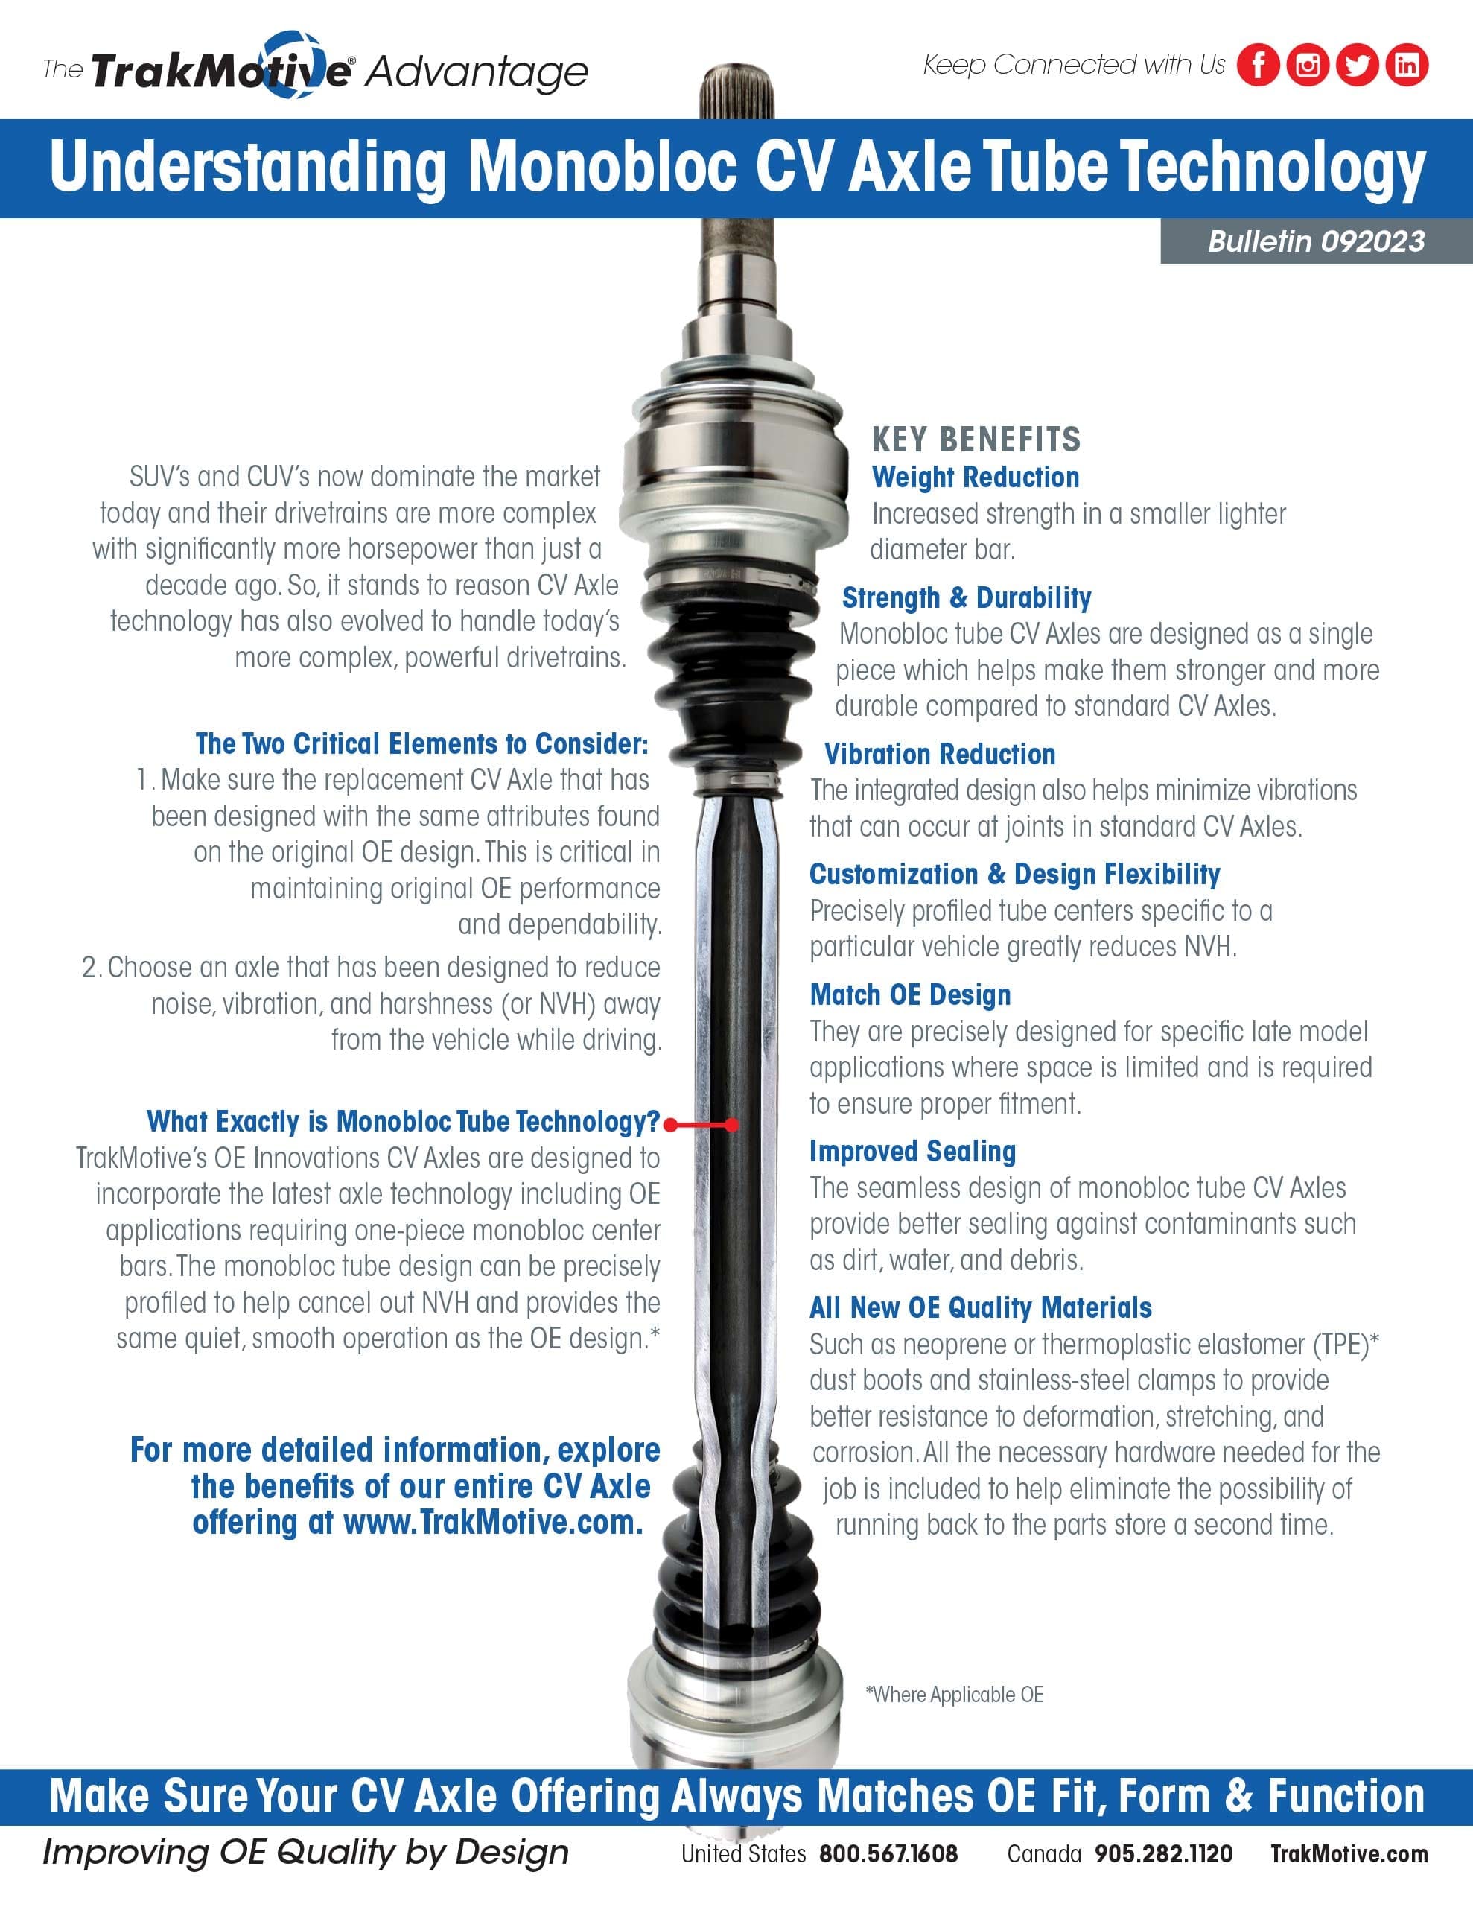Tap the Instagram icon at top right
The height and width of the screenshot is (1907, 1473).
tap(1307, 65)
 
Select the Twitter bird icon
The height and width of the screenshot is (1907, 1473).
tap(1357, 65)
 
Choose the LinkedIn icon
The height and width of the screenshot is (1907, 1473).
tap(1407, 65)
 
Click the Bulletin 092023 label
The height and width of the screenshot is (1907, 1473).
tap(1316, 242)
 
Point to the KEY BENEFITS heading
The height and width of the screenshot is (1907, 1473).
tap(976, 440)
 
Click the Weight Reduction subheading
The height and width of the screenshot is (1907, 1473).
tap(976, 477)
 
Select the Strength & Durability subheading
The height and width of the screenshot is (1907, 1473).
tap(967, 598)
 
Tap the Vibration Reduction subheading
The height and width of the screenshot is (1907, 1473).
tap(940, 755)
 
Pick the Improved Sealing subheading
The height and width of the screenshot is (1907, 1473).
tap(912, 1152)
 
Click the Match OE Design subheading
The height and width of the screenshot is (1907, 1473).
tap(910, 995)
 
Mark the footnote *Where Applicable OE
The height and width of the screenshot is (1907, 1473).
tap(955, 1695)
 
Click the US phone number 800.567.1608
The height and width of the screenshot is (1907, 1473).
tap(888, 1853)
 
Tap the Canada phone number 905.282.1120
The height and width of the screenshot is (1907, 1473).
tap(1163, 1853)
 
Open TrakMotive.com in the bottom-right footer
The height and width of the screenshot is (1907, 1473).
tap(1349, 1853)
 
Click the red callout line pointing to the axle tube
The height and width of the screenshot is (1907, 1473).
tap(702, 1125)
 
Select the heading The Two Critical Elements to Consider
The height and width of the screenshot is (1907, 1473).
tap(421, 744)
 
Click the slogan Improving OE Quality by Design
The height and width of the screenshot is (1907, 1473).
tap(305, 1852)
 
